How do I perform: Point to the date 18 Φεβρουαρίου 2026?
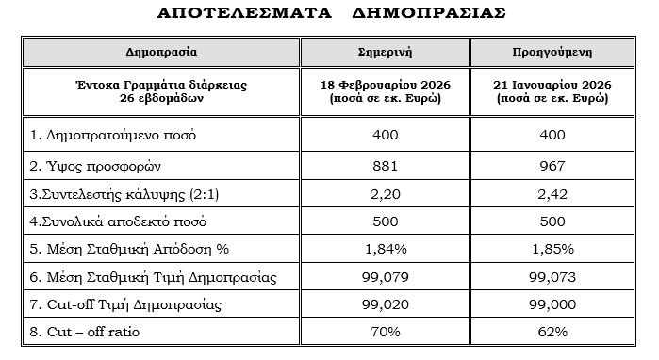coord(386,85)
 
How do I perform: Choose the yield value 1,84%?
coord(386,249)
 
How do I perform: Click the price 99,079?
coord(386,277)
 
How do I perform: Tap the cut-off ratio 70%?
coord(386,332)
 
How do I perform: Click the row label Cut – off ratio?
coord(90,332)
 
